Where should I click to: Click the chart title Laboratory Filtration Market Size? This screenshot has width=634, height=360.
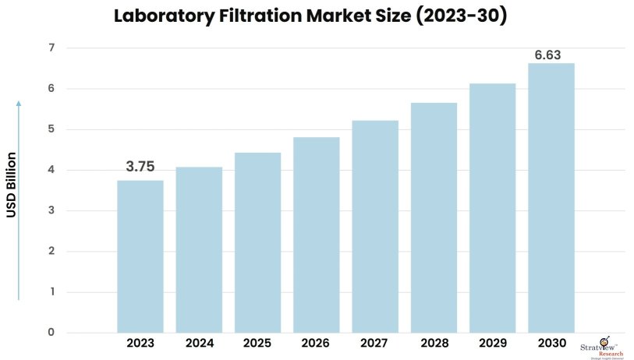tap(310, 16)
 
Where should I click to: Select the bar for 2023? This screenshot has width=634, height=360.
tap(140, 256)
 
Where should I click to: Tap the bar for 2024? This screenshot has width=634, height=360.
tap(199, 249)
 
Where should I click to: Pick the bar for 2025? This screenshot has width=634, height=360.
tap(257, 242)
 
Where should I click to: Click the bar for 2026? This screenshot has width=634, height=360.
tap(317, 235)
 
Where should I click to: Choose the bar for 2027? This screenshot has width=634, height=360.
tap(375, 226)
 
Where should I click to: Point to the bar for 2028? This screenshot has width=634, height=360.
tap(434, 217)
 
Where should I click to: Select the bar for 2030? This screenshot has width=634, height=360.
tap(551, 198)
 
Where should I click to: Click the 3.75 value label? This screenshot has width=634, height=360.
tap(140, 167)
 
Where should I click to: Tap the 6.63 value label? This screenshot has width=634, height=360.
tap(547, 55)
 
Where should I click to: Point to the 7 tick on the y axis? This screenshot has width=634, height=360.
tap(51, 48)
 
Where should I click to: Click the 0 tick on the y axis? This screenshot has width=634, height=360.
tap(51, 333)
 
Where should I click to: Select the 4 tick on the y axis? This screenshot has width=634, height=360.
tap(51, 170)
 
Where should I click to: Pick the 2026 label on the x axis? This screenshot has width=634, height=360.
tap(317, 343)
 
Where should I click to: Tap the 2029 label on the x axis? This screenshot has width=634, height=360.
tap(492, 343)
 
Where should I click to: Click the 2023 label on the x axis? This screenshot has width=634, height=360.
tap(140, 343)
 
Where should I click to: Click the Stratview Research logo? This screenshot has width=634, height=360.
tap(602, 350)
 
